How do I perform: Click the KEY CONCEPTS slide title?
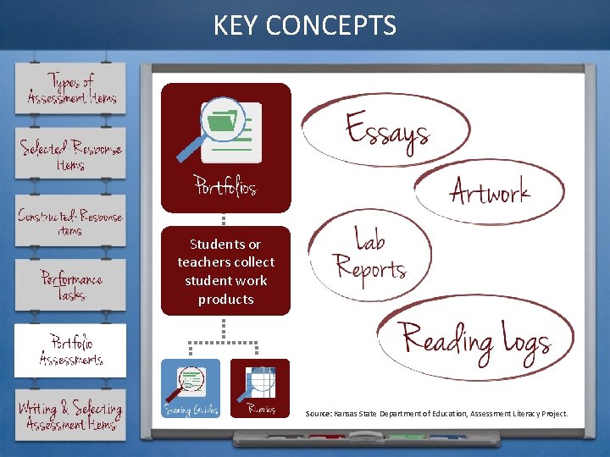coord(305,25)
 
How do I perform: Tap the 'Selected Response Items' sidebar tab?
coord(71,154)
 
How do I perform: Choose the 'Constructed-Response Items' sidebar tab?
coord(71,222)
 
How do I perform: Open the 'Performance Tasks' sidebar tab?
coord(72,285)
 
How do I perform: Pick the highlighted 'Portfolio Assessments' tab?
coord(71,350)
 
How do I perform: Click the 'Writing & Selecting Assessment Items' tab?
coord(71,415)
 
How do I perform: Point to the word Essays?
coord(387,131)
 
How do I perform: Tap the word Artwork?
coord(490,192)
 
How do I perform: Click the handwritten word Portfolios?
coord(225,184)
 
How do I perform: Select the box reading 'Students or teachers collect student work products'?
coord(226,271)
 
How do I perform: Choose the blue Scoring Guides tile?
coord(191,388)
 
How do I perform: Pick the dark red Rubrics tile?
coord(260,388)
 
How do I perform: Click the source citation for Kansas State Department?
coord(436,414)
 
